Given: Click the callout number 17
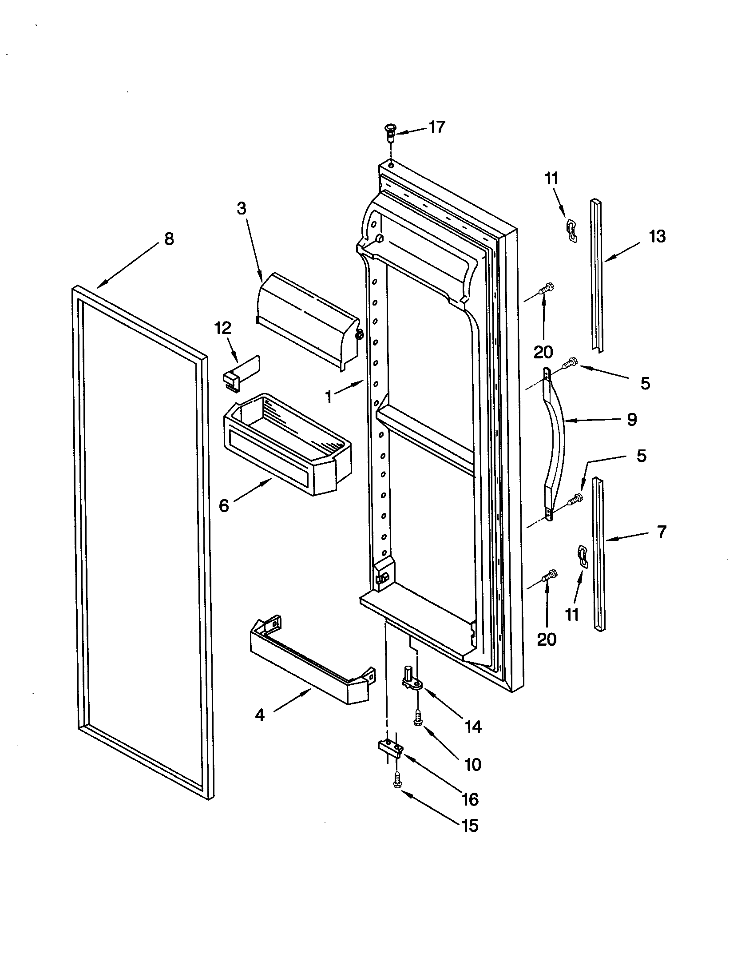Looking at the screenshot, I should tap(437, 127).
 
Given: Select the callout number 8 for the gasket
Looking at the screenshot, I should tap(169, 239).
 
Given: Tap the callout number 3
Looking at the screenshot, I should tap(242, 208).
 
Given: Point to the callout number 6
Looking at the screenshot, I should tap(224, 506).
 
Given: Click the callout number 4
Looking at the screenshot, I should tap(260, 715).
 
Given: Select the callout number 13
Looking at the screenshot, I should tap(657, 236).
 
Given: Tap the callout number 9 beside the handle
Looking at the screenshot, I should tap(631, 419).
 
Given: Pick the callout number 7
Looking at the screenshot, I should tap(662, 532).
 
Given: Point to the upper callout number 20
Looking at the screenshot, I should tap(543, 352).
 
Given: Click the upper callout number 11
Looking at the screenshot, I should tap(551, 179).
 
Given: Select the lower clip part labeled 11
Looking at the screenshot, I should tap(583, 556).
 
